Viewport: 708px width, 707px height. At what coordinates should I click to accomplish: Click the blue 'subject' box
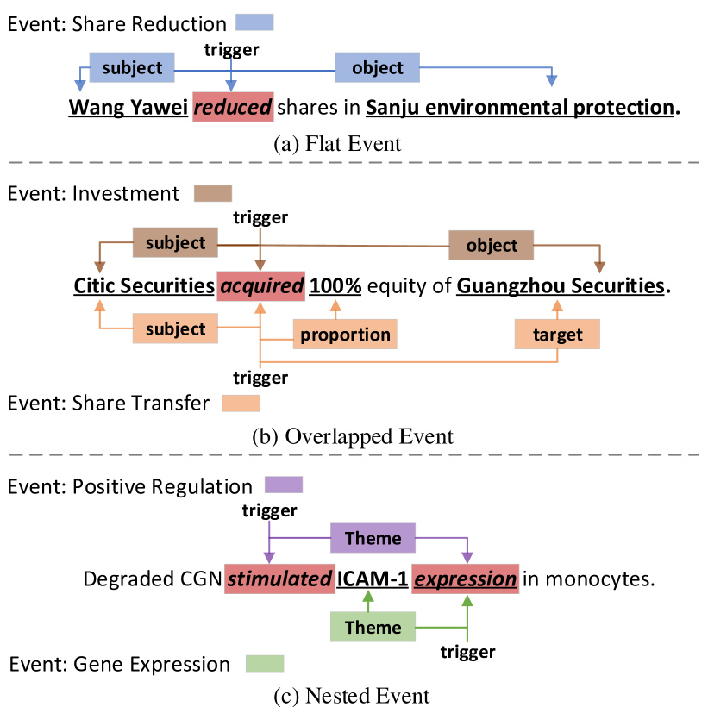(x=132, y=67)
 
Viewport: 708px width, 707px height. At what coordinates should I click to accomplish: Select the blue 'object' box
(x=377, y=67)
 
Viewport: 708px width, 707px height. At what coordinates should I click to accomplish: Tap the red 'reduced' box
(x=233, y=107)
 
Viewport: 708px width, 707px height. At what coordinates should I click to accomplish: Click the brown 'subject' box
(x=175, y=242)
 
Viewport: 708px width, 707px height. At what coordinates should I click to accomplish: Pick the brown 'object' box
(x=491, y=245)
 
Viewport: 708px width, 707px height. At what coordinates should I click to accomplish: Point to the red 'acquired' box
(x=261, y=286)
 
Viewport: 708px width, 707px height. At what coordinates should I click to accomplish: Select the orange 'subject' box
(x=175, y=328)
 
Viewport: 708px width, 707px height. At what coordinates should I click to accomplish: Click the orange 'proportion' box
(x=345, y=334)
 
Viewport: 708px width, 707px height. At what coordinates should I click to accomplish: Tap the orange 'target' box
(x=557, y=334)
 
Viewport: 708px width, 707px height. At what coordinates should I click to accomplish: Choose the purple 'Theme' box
(x=373, y=538)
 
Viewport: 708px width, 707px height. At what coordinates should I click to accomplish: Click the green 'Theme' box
(x=373, y=627)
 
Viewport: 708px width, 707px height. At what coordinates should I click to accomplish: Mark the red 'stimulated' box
(x=279, y=579)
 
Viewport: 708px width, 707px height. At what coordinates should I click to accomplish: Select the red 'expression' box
(x=466, y=579)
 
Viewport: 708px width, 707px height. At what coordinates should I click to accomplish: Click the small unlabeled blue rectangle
(x=254, y=22)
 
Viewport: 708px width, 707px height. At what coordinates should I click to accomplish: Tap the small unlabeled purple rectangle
(x=283, y=485)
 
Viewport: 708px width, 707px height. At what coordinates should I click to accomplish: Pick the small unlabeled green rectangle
(x=265, y=663)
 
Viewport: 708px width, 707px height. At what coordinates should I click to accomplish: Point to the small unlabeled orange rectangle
(x=241, y=403)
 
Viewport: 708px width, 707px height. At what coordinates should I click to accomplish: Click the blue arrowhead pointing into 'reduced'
(x=231, y=86)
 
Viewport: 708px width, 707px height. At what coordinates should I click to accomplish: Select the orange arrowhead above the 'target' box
(x=557, y=305)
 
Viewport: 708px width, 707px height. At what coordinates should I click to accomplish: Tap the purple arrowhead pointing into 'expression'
(x=467, y=558)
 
